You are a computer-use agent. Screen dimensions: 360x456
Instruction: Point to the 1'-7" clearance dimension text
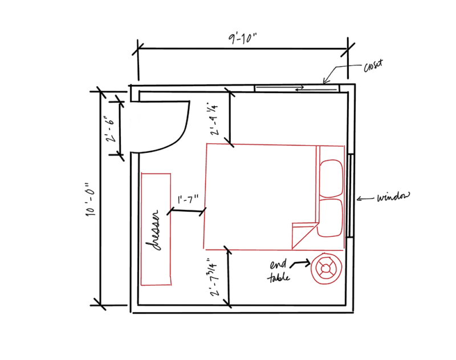tap(188, 200)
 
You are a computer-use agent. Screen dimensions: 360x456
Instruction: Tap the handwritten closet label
tap(373, 67)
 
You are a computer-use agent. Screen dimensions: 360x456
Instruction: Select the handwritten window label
tap(393, 198)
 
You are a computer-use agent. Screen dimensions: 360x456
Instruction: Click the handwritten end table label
tap(279, 272)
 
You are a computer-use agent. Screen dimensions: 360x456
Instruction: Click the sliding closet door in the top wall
tap(296, 87)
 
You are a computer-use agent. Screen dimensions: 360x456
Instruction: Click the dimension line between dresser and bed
tap(186, 212)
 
